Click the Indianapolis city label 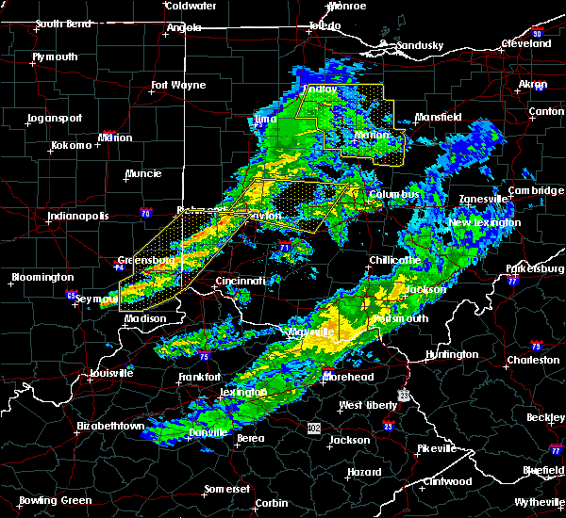point(80,216)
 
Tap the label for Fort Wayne point(177,86)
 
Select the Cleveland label point(525,44)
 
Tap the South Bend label point(63,25)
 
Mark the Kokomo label point(71,146)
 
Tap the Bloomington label point(42,278)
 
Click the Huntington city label point(452,354)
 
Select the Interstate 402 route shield point(315,428)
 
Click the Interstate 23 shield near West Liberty point(387,427)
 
